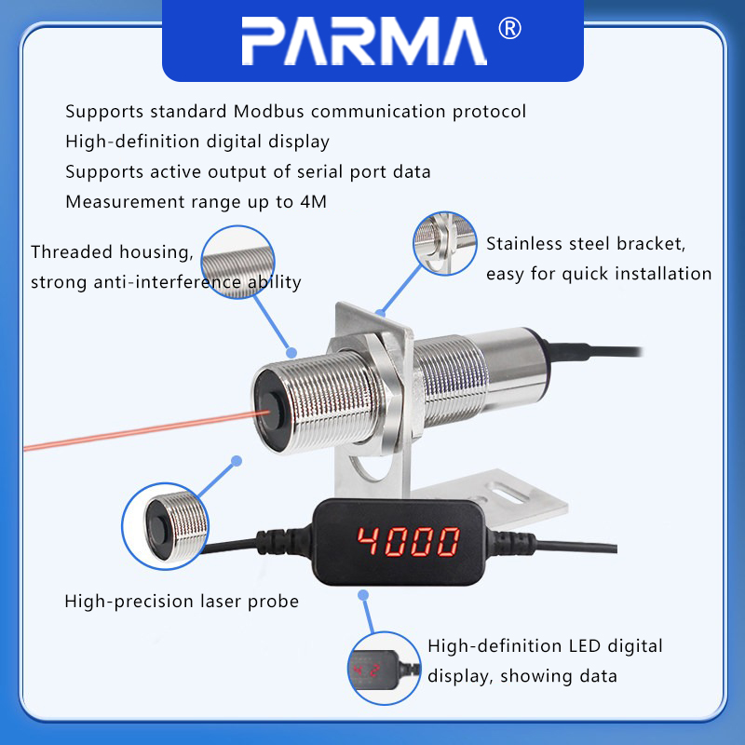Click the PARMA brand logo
(x=364, y=41)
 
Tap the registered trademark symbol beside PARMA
(x=509, y=29)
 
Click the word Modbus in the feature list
(x=269, y=112)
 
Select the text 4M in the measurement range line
(x=314, y=202)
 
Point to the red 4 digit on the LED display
(x=368, y=541)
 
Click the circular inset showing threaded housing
(x=237, y=263)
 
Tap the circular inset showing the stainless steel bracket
(x=445, y=243)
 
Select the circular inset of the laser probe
(x=166, y=526)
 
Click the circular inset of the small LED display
(x=385, y=668)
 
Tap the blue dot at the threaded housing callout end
(x=291, y=353)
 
